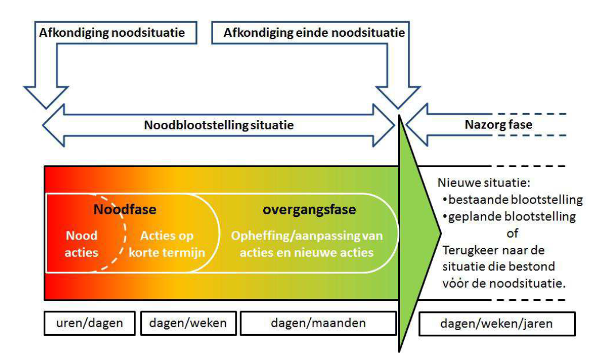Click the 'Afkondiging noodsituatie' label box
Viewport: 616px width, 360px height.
[x=111, y=33]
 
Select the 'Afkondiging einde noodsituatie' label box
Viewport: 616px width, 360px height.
[x=309, y=33]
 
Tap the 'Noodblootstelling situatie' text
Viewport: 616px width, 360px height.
[x=220, y=125]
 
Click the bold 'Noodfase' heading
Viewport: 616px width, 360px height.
[x=125, y=210]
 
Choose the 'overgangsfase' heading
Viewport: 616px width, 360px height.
[x=309, y=210]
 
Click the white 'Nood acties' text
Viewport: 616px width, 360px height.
[x=82, y=243]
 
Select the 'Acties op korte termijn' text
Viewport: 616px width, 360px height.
[x=167, y=243]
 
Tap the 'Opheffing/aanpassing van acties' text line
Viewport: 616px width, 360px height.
[x=307, y=235]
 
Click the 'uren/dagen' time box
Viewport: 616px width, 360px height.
[x=90, y=323]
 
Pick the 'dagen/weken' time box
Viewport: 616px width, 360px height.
[x=187, y=323]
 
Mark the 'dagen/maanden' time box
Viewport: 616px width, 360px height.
[x=318, y=323]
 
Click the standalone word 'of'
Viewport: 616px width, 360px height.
[x=512, y=233]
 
